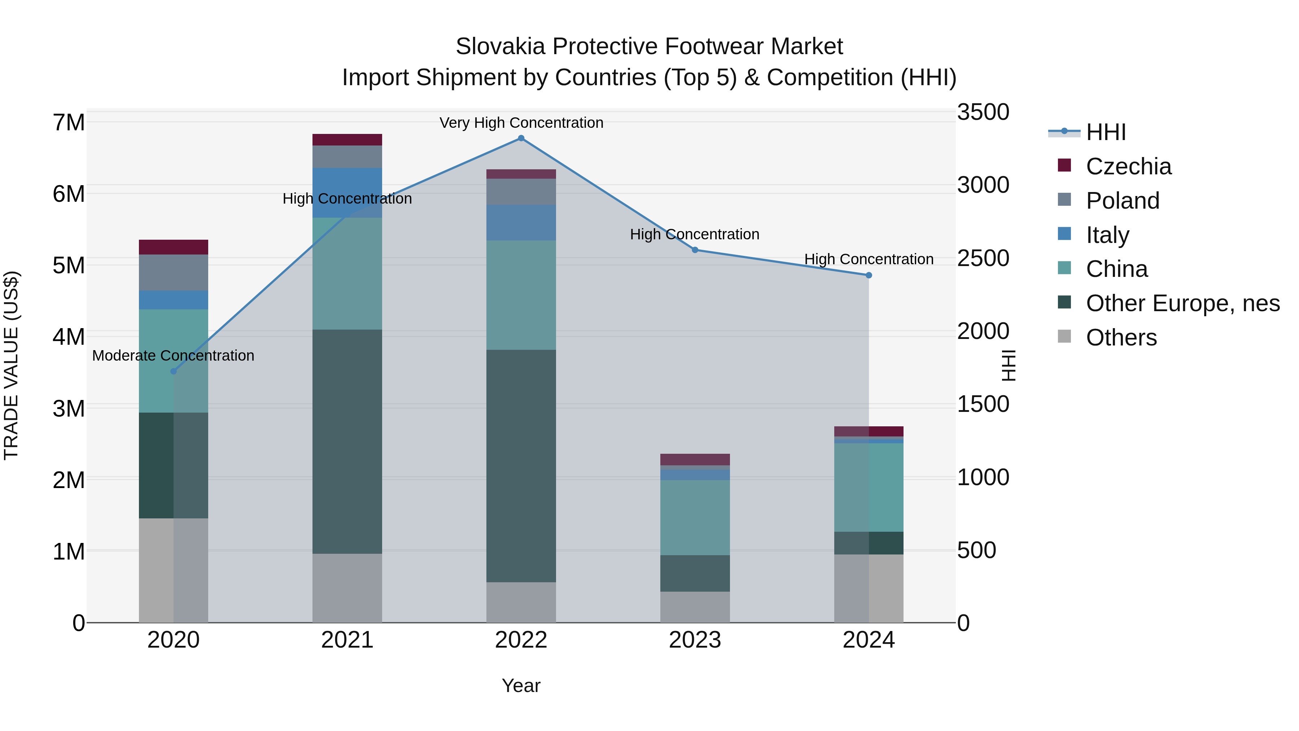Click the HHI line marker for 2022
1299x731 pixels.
pyautogui.click(x=521, y=138)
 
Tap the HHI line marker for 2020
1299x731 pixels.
pyautogui.click(x=174, y=371)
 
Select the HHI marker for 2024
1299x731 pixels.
pyautogui.click(x=869, y=275)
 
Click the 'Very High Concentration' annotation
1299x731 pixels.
pyautogui.click(x=521, y=123)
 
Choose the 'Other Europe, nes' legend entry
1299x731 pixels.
pyautogui.click(x=1182, y=303)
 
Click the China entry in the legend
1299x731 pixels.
pyautogui.click(x=1116, y=269)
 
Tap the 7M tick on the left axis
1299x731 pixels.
pyautogui.click(x=69, y=123)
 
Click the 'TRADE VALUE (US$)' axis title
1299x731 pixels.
pyautogui.click(x=11, y=366)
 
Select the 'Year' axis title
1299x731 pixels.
pyautogui.click(x=521, y=686)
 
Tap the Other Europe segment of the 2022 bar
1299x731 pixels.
pyautogui.click(x=521, y=466)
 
